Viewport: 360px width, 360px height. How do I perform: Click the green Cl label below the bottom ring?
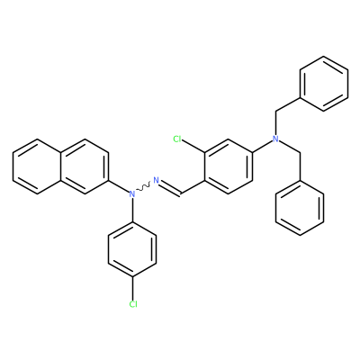(x=133, y=304)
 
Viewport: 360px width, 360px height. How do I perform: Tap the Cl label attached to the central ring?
(x=178, y=139)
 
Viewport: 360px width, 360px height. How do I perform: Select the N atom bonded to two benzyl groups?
(x=276, y=139)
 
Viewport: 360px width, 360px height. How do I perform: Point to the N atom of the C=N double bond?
(x=156, y=180)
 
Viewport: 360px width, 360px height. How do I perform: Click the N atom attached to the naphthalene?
(x=132, y=194)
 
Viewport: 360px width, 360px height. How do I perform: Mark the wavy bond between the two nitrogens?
(x=144, y=187)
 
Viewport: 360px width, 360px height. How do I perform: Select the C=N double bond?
(x=169, y=188)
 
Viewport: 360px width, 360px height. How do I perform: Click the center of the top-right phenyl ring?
(x=324, y=84)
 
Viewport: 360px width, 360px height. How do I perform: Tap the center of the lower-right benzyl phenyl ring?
(x=300, y=208)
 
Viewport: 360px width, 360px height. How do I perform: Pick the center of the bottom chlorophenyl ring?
(x=132, y=249)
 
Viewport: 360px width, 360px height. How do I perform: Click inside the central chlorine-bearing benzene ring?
(x=229, y=166)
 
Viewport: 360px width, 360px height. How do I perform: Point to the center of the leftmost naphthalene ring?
(x=37, y=166)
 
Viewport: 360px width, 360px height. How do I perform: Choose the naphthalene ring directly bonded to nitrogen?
(x=85, y=166)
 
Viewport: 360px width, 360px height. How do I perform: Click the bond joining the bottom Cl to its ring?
(x=132, y=288)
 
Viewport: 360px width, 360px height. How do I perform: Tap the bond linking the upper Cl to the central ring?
(x=193, y=147)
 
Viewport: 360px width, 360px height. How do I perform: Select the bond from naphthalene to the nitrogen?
(x=119, y=186)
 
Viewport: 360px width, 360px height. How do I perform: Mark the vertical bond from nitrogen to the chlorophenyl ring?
(x=132, y=210)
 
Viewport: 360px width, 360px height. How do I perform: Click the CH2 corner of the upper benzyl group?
(x=276, y=112)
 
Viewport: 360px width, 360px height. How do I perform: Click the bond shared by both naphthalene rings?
(x=61, y=166)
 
